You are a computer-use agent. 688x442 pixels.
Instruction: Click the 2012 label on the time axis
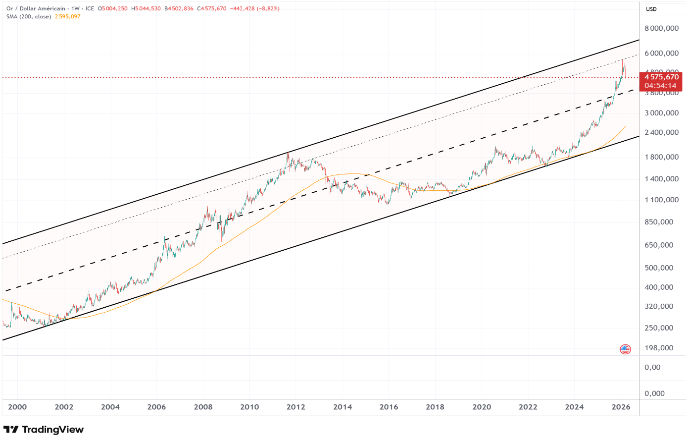[295, 407]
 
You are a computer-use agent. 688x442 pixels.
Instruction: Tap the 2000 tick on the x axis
[17, 407]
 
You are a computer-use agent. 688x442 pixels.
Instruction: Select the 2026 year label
[621, 407]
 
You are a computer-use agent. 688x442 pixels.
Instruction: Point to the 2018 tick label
[435, 407]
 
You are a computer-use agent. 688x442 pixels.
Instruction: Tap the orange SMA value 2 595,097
[68, 16]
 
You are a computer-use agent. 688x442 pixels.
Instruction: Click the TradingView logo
[44, 430]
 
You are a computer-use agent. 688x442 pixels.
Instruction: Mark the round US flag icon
[626, 349]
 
